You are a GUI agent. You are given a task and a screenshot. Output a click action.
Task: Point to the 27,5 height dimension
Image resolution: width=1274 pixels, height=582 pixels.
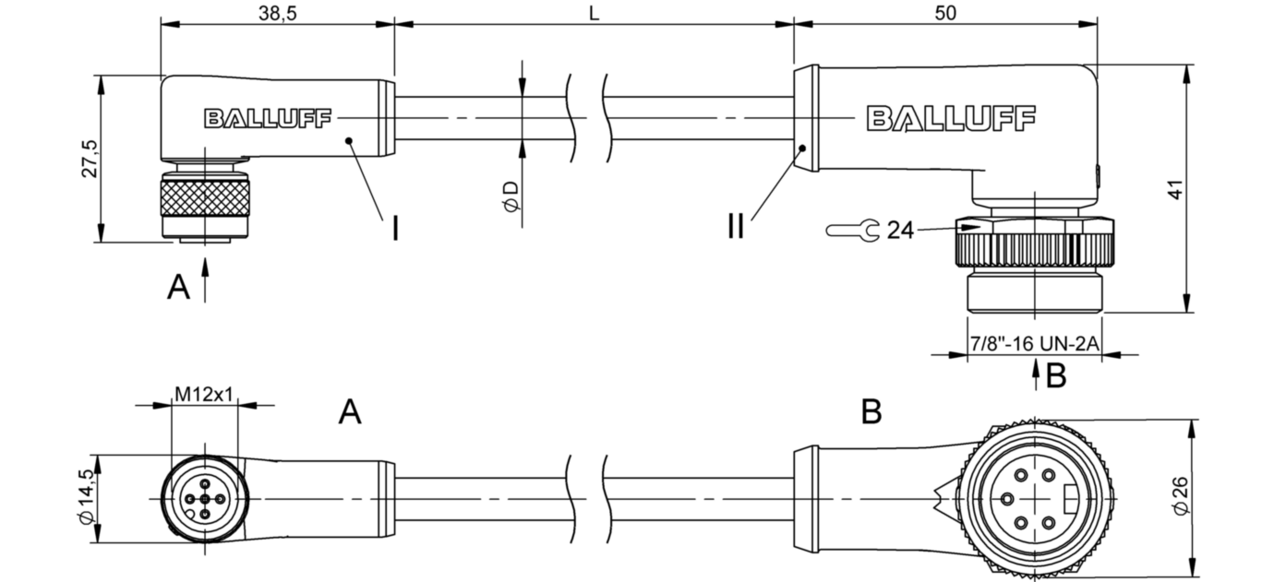[x=88, y=160]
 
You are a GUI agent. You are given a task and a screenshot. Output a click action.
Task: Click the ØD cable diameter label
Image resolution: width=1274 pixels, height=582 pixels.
[x=511, y=196]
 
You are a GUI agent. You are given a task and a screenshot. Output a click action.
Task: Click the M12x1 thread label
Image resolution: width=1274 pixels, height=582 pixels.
[x=204, y=395]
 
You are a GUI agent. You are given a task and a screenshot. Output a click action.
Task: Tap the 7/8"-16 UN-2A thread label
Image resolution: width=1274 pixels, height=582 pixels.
[x=1034, y=343]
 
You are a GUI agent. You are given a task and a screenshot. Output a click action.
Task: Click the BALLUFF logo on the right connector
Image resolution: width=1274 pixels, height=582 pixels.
[x=951, y=118]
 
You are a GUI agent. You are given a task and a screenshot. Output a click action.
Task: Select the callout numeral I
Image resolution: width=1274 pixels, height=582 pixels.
[x=395, y=227]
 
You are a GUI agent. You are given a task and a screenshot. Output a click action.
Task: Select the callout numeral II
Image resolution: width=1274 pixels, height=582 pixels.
[x=735, y=226]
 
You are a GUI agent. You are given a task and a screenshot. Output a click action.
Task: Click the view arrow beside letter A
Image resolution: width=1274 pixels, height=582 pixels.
[x=205, y=279]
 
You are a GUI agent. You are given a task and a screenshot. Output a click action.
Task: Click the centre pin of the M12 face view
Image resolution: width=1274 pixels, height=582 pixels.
[x=204, y=499]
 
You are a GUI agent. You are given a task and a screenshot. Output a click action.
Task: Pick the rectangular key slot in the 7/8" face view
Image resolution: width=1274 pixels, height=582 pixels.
[x=1070, y=499]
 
